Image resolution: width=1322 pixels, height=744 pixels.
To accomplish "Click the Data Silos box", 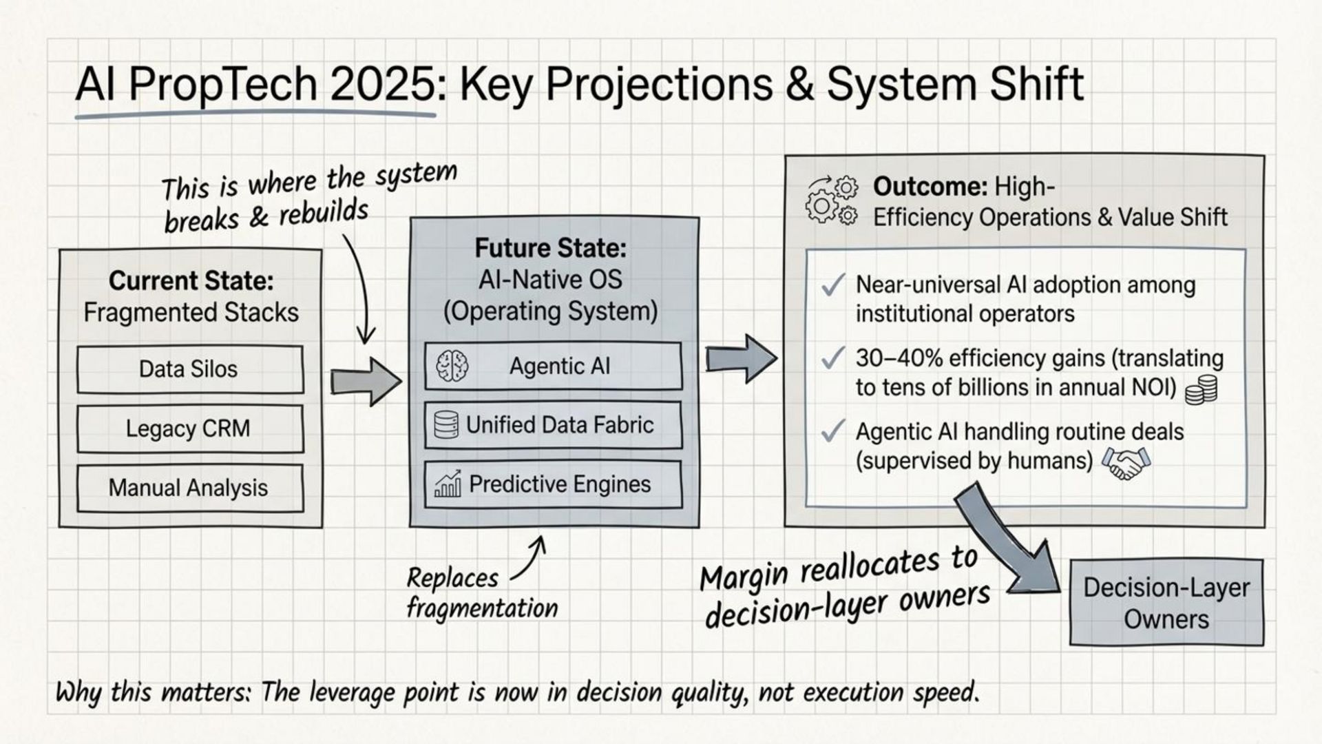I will click(x=189, y=369).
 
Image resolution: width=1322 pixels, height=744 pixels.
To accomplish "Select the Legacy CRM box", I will click(x=189, y=428).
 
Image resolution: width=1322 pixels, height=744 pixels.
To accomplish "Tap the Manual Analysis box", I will click(x=189, y=488).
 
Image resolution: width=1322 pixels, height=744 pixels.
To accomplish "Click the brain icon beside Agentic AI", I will click(x=452, y=366).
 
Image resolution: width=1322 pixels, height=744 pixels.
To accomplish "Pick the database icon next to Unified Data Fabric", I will click(x=446, y=425).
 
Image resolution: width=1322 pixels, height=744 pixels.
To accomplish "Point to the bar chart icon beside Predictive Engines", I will click(x=448, y=484).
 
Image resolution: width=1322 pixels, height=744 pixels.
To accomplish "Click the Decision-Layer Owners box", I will click(x=1166, y=603).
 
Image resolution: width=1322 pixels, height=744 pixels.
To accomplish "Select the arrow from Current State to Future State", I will click(x=365, y=381).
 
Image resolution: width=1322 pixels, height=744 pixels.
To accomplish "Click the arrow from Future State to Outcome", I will click(x=741, y=359).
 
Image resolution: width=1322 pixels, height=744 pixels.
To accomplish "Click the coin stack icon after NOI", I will click(x=1201, y=390).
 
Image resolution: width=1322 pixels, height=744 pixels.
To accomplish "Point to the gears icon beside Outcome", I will click(x=831, y=200).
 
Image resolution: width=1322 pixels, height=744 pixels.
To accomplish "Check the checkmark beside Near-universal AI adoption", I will click(x=833, y=285).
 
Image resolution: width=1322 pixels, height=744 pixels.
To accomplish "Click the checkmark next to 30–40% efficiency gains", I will click(x=833, y=358).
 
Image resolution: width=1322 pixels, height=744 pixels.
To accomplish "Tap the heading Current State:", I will click(x=191, y=280).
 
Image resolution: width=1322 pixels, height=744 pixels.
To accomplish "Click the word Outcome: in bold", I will click(x=930, y=187).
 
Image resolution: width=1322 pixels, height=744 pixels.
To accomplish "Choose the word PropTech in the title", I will click(x=222, y=85).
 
